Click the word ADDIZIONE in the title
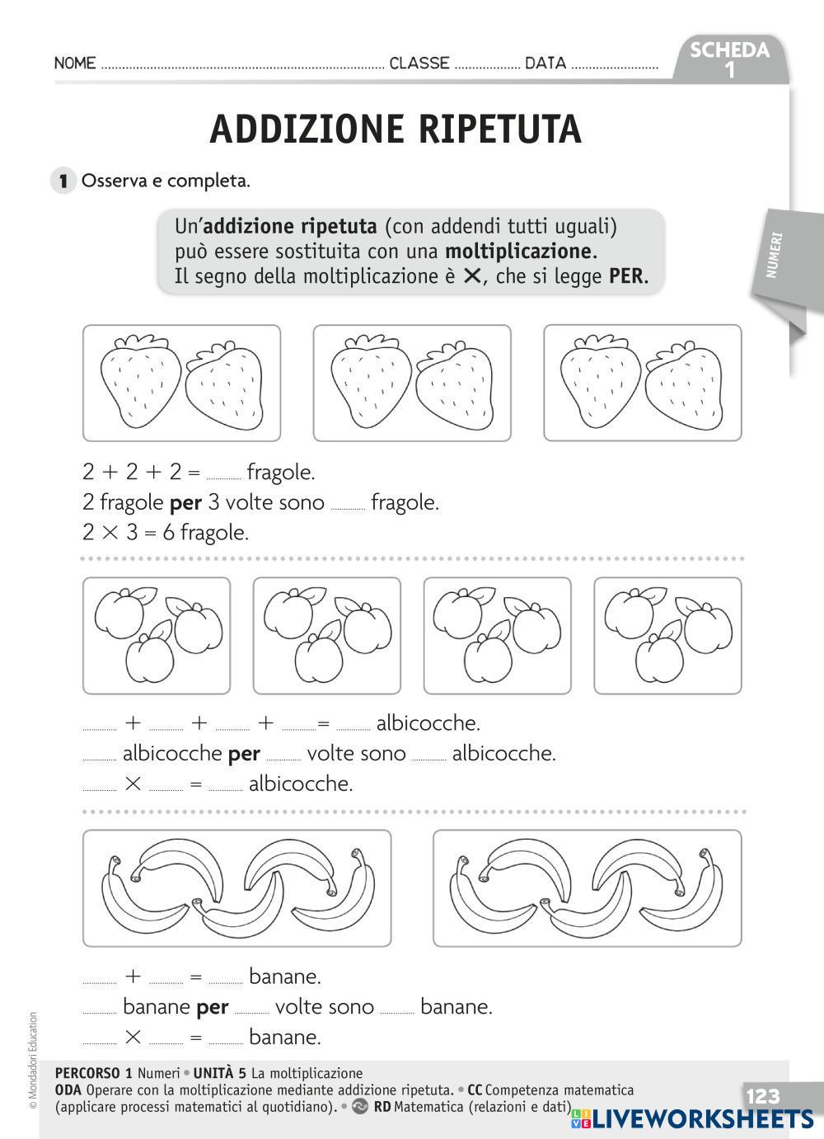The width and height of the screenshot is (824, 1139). pyautogui.click(x=307, y=129)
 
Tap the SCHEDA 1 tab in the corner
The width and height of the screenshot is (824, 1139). pyautogui.click(x=729, y=59)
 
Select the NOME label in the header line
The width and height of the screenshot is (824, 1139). pyautogui.click(x=75, y=64)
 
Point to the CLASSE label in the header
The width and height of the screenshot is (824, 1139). pyautogui.click(x=419, y=64)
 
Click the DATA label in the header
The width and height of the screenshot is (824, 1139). pyautogui.click(x=545, y=64)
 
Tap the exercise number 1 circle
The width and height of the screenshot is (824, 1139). pyautogui.click(x=63, y=181)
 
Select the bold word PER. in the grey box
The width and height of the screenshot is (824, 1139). pyautogui.click(x=629, y=276)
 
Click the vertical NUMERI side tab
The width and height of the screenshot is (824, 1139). pyautogui.click(x=775, y=256)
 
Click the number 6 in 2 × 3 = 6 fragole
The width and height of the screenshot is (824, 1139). pyautogui.click(x=168, y=533)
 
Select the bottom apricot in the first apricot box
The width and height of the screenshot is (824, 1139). pyautogui.click(x=150, y=657)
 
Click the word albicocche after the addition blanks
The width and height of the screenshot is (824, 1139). pyautogui.click(x=428, y=724)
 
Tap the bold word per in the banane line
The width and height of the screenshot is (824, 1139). pyautogui.click(x=213, y=1007)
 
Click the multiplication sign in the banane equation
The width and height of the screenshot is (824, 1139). pyautogui.click(x=133, y=1037)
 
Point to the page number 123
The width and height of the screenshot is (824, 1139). pyautogui.click(x=762, y=1096)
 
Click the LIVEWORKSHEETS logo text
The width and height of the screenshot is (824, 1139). pyautogui.click(x=700, y=1118)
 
